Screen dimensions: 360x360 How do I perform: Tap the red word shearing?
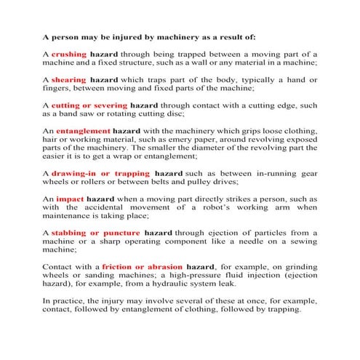click(x=70, y=79)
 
